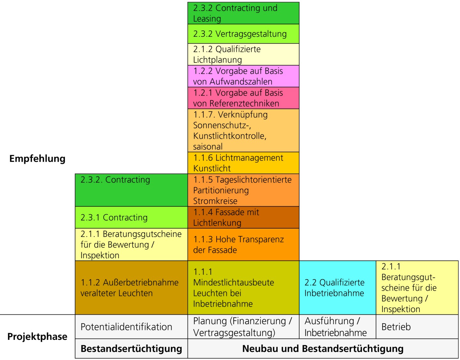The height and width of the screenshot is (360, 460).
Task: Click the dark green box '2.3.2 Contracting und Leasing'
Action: point(243,13)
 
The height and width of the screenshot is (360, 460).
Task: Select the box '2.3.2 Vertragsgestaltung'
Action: point(243,34)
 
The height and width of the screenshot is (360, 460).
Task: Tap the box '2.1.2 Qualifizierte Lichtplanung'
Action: point(243,54)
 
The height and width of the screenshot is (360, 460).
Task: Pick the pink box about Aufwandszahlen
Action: point(243,76)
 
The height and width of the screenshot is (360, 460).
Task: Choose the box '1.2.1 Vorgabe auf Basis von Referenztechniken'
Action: point(243,98)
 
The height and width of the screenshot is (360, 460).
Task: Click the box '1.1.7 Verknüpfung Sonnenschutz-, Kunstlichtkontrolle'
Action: point(243,130)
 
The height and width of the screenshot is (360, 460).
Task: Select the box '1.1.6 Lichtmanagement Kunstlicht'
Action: point(243,163)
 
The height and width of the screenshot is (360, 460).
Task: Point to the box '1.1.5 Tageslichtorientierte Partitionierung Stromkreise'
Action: point(243,190)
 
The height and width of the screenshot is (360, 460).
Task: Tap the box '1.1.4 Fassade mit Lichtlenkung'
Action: point(243,217)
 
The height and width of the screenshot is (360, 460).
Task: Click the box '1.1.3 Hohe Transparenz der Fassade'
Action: point(243,245)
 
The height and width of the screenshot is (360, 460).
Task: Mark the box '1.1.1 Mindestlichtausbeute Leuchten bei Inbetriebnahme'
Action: point(243,288)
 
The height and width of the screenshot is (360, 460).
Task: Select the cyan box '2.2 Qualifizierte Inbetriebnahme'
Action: point(337,288)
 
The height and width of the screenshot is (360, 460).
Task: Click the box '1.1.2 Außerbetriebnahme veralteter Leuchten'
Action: point(131,288)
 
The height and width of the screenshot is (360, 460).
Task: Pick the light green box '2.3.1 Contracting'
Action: point(131,217)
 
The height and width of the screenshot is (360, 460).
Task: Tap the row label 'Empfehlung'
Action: point(37,159)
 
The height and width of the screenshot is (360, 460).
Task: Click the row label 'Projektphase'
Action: point(37,336)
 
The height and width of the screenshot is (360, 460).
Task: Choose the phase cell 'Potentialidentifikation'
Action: point(131,327)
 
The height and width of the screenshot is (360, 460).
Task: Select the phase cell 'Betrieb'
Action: point(417,327)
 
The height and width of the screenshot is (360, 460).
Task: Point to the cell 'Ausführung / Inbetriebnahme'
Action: point(337,327)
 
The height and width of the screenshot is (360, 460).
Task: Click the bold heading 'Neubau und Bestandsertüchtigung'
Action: point(323,348)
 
